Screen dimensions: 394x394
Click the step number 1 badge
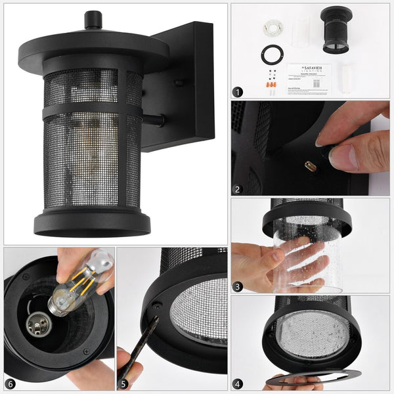238,92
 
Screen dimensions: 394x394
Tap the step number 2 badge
238,189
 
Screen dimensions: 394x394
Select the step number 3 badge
238,286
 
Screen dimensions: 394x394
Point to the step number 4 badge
238,383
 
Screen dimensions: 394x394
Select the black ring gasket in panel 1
271,54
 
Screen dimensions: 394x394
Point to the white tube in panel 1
345,79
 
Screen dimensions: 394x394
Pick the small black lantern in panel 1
336,30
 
